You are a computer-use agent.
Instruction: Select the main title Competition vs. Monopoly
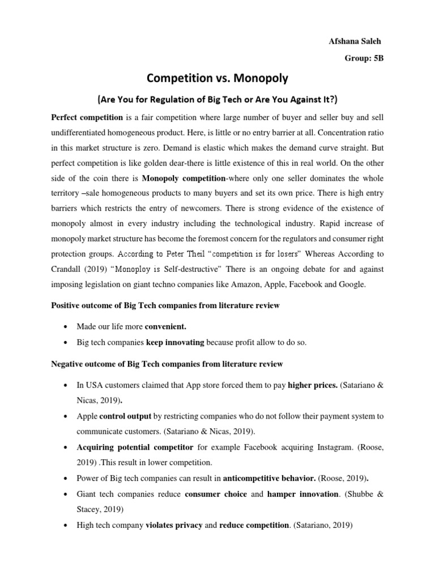click(217, 78)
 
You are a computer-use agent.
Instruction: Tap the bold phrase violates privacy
click(174, 525)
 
